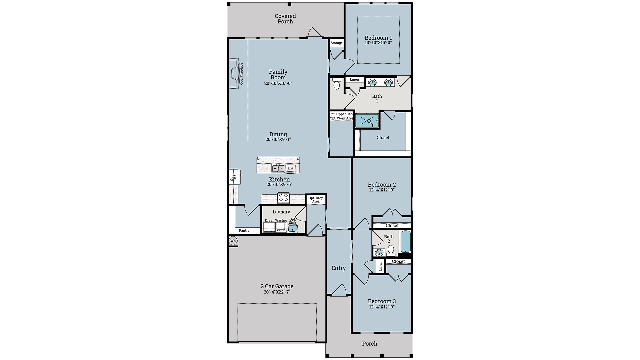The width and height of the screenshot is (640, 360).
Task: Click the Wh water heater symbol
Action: point(233,241)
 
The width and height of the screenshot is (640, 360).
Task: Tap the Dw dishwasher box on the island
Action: point(290,168)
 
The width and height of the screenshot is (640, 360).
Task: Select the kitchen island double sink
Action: point(278,168)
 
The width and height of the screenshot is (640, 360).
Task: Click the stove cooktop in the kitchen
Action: point(284,198)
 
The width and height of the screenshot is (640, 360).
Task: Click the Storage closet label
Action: point(336,43)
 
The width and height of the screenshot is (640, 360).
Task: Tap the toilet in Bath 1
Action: point(336,84)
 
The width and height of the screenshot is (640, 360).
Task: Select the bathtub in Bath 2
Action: point(405,242)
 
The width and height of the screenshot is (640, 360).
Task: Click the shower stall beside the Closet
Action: point(367,121)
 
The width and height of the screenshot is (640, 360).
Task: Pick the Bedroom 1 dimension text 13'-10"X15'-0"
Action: point(378,43)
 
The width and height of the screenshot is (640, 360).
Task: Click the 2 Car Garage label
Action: point(277,286)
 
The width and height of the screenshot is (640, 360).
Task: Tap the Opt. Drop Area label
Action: point(316,200)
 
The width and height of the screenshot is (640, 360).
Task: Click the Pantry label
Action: point(244,230)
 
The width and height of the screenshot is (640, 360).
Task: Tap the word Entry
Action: point(338,268)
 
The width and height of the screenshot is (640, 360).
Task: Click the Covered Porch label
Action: point(285,19)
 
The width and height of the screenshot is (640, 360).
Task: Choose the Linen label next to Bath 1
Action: point(354,79)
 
